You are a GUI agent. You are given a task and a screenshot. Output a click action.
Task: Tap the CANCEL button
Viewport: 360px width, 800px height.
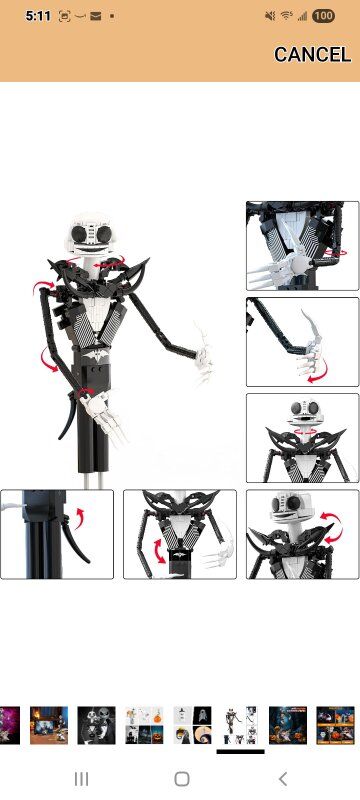[x=312, y=55]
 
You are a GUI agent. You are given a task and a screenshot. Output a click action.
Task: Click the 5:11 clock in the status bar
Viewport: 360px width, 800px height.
[x=38, y=16]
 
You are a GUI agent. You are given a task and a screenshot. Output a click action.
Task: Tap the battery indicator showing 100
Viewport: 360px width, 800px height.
[x=323, y=16]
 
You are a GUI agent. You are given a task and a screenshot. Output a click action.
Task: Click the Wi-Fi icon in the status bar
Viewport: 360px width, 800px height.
[x=287, y=16]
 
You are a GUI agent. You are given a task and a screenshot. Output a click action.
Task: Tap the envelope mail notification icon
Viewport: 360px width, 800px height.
[x=95, y=16]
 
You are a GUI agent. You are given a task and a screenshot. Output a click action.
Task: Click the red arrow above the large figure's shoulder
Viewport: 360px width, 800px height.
[x=42, y=287]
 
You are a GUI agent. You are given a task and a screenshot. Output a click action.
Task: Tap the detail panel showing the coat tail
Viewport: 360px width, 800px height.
[x=57, y=534]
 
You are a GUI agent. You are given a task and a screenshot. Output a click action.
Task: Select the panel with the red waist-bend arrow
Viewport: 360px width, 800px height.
[x=180, y=534]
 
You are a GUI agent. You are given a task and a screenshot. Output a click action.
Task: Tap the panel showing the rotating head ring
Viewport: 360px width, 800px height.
[x=302, y=438]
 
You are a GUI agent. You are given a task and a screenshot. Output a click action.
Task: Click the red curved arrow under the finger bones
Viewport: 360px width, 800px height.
[x=318, y=371]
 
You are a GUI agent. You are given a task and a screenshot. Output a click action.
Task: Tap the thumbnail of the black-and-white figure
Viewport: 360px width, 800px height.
[x=96, y=725]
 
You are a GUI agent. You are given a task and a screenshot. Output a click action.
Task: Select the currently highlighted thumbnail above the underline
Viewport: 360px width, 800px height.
[x=240, y=725]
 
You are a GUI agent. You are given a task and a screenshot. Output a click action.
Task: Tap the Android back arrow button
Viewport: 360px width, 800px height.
[x=283, y=779]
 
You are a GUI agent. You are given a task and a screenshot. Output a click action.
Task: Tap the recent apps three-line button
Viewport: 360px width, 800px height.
[x=81, y=779]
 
